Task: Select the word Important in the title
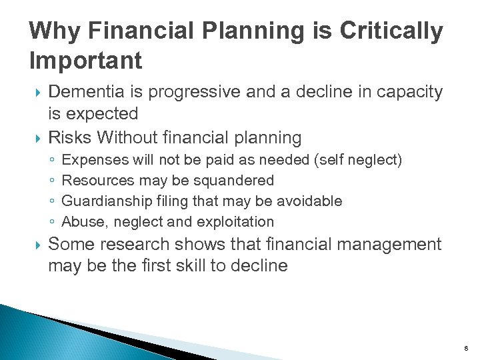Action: pyautogui.click(x=86, y=61)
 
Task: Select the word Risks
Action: pyautogui.click(x=70, y=137)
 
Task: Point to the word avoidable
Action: pyautogui.click(x=310, y=201)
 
